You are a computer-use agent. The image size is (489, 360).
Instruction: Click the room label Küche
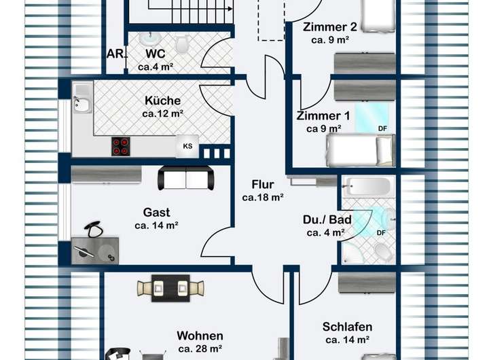coord(162,101)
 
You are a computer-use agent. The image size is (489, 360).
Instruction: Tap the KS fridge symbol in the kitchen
coord(187,145)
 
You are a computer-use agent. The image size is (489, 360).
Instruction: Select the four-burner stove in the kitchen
coord(122,145)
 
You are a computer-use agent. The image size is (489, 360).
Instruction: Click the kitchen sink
coord(81,104)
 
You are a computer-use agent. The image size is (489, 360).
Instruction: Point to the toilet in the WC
coord(182,44)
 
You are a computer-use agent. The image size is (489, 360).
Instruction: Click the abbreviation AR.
coord(114,54)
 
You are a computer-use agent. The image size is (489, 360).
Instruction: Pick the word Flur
coord(262,185)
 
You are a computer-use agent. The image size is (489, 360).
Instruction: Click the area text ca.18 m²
coord(262,198)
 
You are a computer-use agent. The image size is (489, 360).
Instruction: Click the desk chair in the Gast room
coord(94,228)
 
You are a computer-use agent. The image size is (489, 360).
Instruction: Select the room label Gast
coord(156,212)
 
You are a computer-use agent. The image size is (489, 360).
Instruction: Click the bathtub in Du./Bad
coord(367,186)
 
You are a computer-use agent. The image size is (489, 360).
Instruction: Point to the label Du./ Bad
coord(327,220)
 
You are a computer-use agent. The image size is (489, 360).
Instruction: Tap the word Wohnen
coord(200,336)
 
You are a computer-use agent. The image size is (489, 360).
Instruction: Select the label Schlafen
coord(347,327)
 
